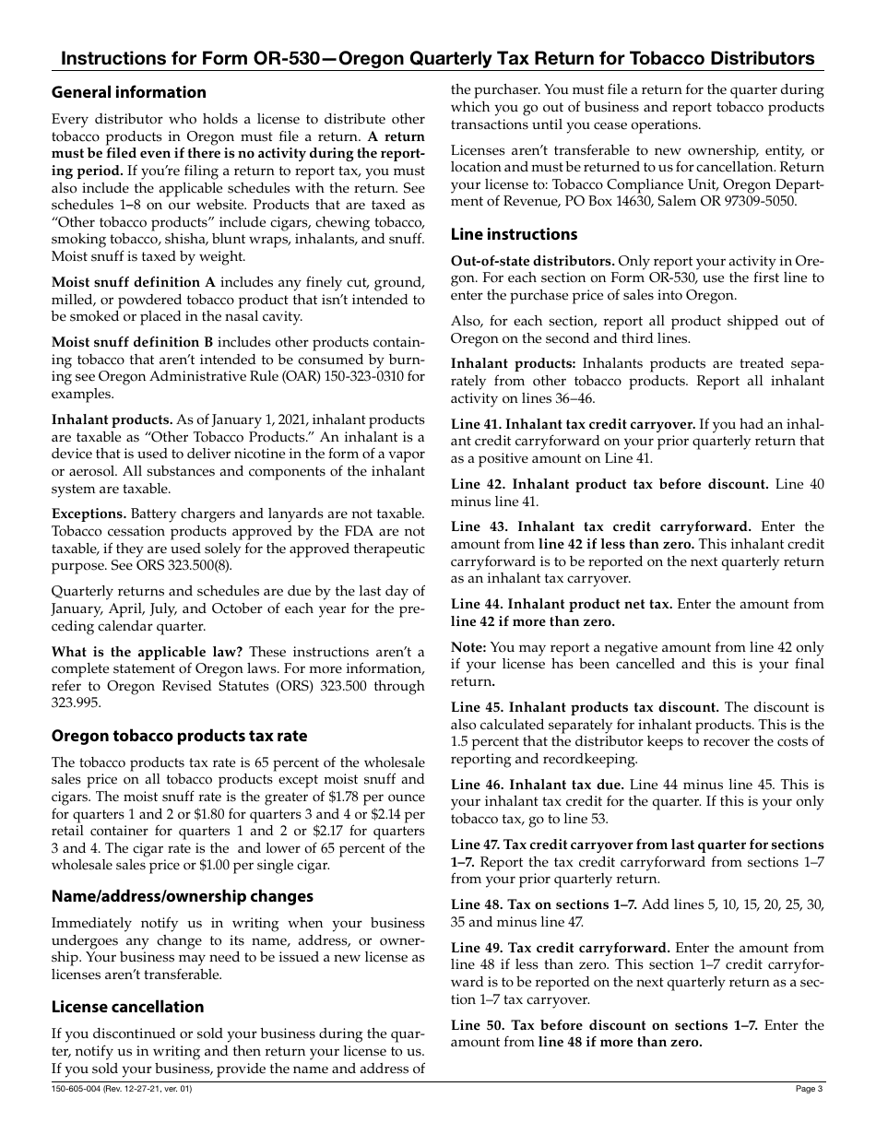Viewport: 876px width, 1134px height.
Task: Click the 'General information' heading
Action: [x=128, y=92]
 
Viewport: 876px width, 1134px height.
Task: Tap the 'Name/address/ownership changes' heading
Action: [x=182, y=896]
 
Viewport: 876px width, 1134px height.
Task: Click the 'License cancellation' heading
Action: [x=127, y=1007]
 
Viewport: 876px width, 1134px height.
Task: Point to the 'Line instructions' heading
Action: [x=514, y=234]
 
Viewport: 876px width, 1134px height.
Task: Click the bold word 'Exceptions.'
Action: [x=89, y=514]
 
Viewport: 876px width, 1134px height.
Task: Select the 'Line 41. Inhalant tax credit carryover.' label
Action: [x=573, y=424]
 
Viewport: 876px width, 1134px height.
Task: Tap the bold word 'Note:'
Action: [x=469, y=647]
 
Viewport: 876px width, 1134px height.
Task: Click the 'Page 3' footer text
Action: [x=809, y=1090]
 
